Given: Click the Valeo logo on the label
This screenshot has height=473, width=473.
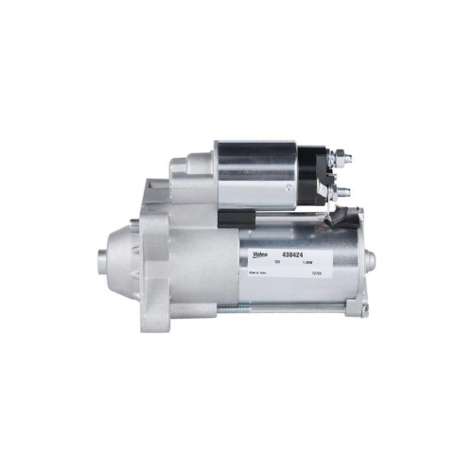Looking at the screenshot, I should [x=258, y=254].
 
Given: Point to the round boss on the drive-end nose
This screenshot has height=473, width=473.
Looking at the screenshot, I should [x=102, y=257].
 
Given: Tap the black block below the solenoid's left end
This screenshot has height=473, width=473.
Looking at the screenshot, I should [x=227, y=218].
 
